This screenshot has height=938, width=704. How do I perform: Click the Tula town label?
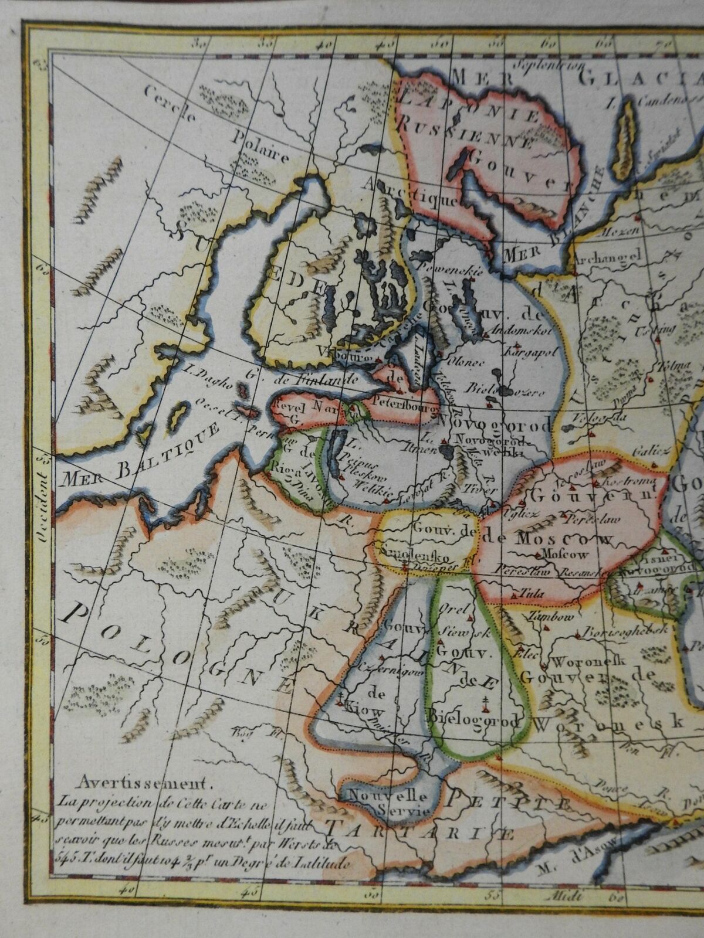pyautogui.click(x=530, y=593)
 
